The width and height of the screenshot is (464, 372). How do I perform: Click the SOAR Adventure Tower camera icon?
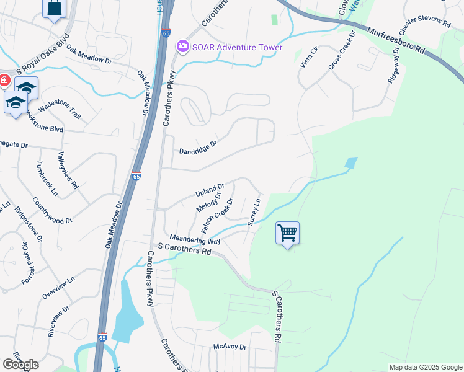(x=182, y=47)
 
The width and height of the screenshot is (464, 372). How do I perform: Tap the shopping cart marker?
(x=287, y=234)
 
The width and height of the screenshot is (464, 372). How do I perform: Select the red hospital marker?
(x=3, y=81)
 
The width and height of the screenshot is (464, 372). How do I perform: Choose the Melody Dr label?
(x=209, y=202)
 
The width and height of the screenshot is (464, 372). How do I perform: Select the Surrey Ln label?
(x=253, y=212)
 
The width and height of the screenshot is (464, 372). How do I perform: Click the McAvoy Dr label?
(x=230, y=347)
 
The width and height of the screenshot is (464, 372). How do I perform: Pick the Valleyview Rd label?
(x=68, y=170)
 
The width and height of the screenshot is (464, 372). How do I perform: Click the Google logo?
(x=20, y=365)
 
